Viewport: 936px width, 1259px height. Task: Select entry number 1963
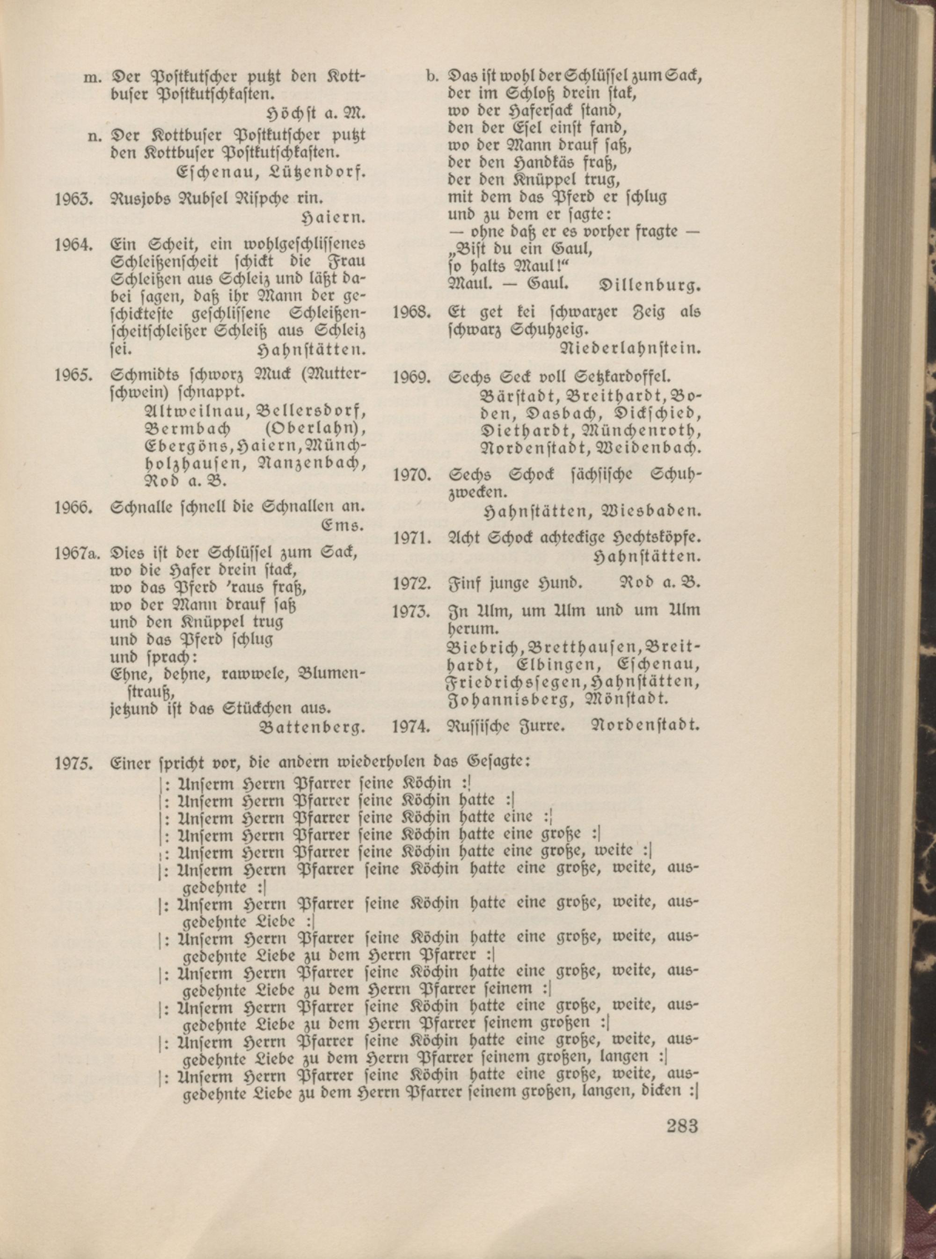pos(73,199)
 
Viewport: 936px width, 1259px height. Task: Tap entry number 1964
pos(73,245)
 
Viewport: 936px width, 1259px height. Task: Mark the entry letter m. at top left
pos(91,76)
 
